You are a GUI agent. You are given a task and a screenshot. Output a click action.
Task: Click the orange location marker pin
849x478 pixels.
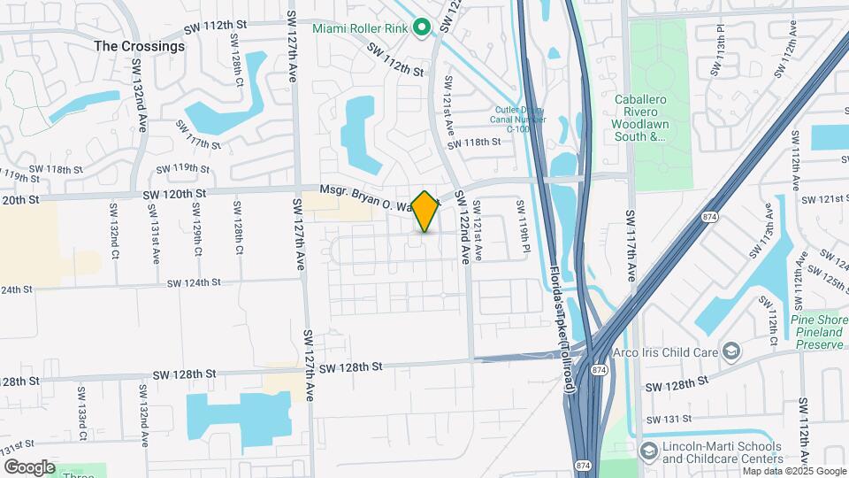click(x=425, y=212)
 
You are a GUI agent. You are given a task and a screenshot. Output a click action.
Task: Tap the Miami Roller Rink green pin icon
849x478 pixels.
click(x=422, y=27)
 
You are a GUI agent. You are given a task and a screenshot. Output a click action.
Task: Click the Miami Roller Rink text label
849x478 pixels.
click(x=359, y=28)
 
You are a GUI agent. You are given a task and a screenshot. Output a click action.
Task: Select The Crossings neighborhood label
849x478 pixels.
click(x=140, y=46)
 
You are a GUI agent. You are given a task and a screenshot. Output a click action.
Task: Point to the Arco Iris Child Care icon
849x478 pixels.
click(x=731, y=352)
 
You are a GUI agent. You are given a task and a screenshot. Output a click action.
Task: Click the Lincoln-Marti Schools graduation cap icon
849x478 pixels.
click(x=648, y=451)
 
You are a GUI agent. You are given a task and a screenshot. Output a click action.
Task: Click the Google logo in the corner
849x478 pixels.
click(x=30, y=466)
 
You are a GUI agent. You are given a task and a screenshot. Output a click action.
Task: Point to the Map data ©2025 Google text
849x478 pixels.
click(x=795, y=471)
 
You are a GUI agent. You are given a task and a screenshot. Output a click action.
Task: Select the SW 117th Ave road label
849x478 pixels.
click(x=631, y=246)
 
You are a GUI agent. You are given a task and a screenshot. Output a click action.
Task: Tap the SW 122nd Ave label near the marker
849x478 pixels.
click(x=461, y=227)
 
